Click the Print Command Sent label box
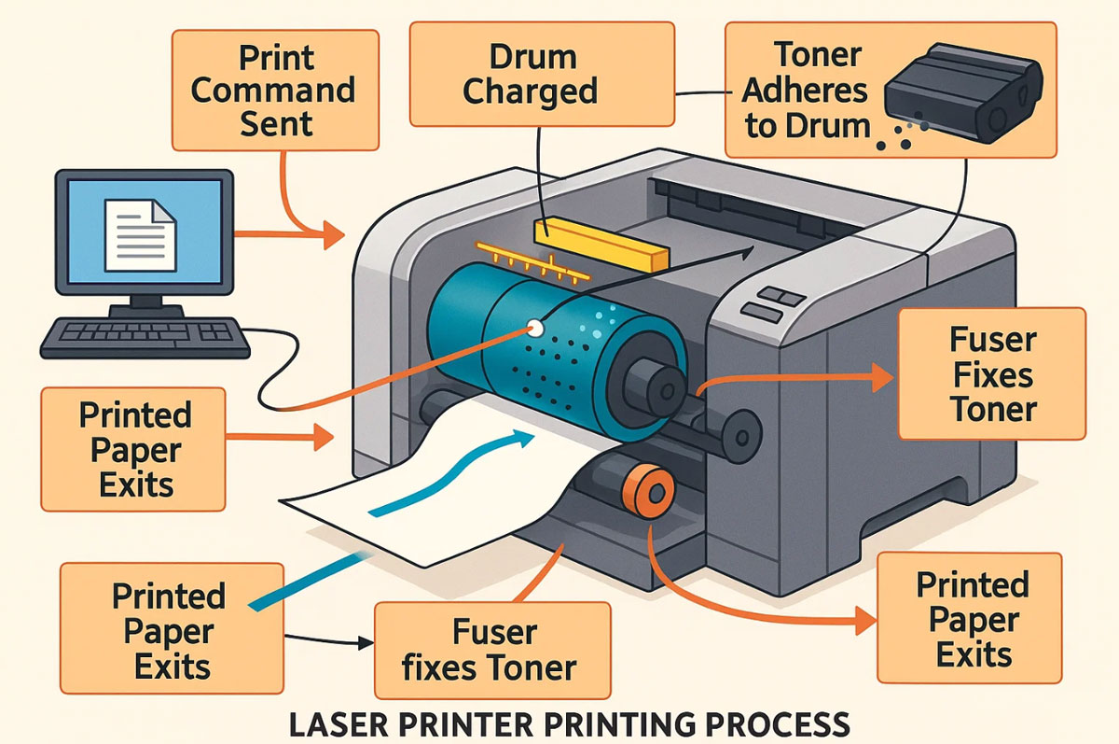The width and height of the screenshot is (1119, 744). (275, 90)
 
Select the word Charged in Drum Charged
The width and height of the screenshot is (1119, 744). (530, 91)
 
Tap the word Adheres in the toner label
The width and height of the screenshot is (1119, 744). (805, 91)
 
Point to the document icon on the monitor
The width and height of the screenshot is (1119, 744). (141, 235)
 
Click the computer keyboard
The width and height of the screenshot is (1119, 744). (145, 338)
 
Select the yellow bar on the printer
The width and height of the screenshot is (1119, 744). (601, 245)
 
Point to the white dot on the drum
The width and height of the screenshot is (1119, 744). (535, 329)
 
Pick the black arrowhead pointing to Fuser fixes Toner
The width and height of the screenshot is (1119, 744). (366, 642)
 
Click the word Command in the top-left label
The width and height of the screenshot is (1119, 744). (272, 91)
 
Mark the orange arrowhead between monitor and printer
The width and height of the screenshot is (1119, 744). (334, 234)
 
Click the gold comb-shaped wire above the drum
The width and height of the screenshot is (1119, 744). (532, 262)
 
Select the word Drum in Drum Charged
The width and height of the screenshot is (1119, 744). (533, 57)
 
